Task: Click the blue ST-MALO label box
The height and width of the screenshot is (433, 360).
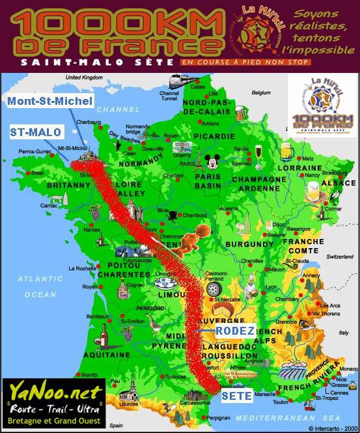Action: [x=36, y=132]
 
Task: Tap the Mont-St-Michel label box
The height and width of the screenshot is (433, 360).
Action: [x=51, y=101]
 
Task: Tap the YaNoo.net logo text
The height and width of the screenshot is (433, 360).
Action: [x=54, y=392]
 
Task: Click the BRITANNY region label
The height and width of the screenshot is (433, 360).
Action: [x=48, y=186]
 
